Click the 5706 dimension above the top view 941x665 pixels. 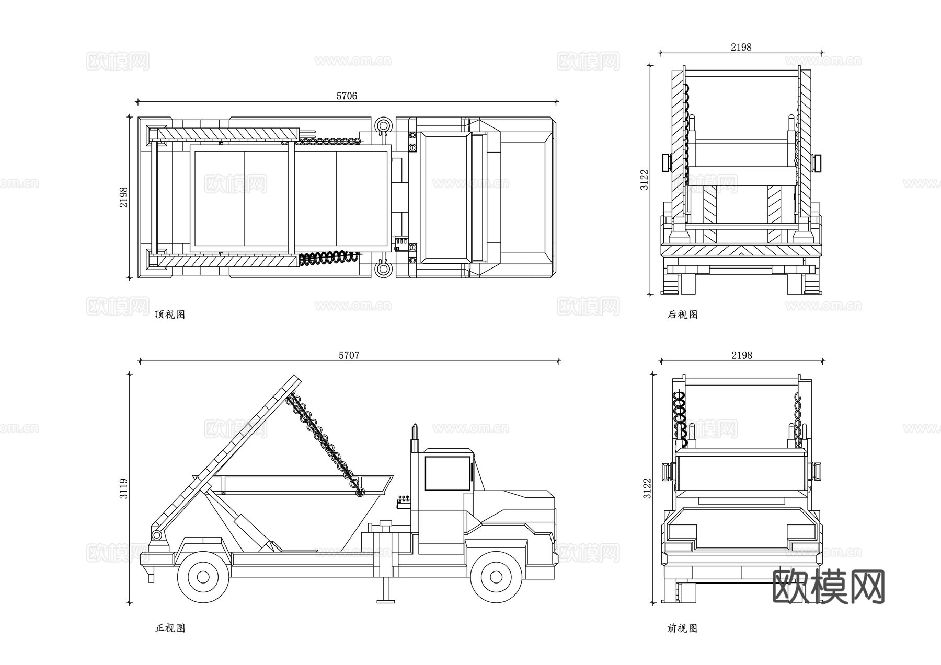pyautogui.click(x=347, y=96)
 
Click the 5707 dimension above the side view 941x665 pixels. pyautogui.click(x=349, y=355)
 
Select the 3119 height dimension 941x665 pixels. pyautogui.click(x=123, y=488)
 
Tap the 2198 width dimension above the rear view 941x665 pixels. pyautogui.click(x=741, y=47)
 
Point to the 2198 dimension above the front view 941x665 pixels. pyautogui.click(x=741, y=355)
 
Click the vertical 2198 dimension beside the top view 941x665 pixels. pyautogui.click(x=123, y=197)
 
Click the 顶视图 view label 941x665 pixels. pyautogui.click(x=170, y=314)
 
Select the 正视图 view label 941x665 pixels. pyautogui.click(x=170, y=628)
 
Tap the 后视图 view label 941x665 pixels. pyautogui.click(x=682, y=314)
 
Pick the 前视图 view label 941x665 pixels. pyautogui.click(x=682, y=628)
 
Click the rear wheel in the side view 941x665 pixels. pyautogui.click(x=203, y=578)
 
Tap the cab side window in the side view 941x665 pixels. pyautogui.click(x=447, y=473)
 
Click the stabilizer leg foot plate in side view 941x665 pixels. pyautogui.click(x=386, y=601)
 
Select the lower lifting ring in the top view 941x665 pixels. pyautogui.click(x=383, y=270)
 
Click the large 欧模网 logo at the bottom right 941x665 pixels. pyautogui.click(x=828, y=587)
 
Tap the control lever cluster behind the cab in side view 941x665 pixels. pyautogui.click(x=404, y=501)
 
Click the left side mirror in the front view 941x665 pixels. pyautogui.click(x=667, y=472)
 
